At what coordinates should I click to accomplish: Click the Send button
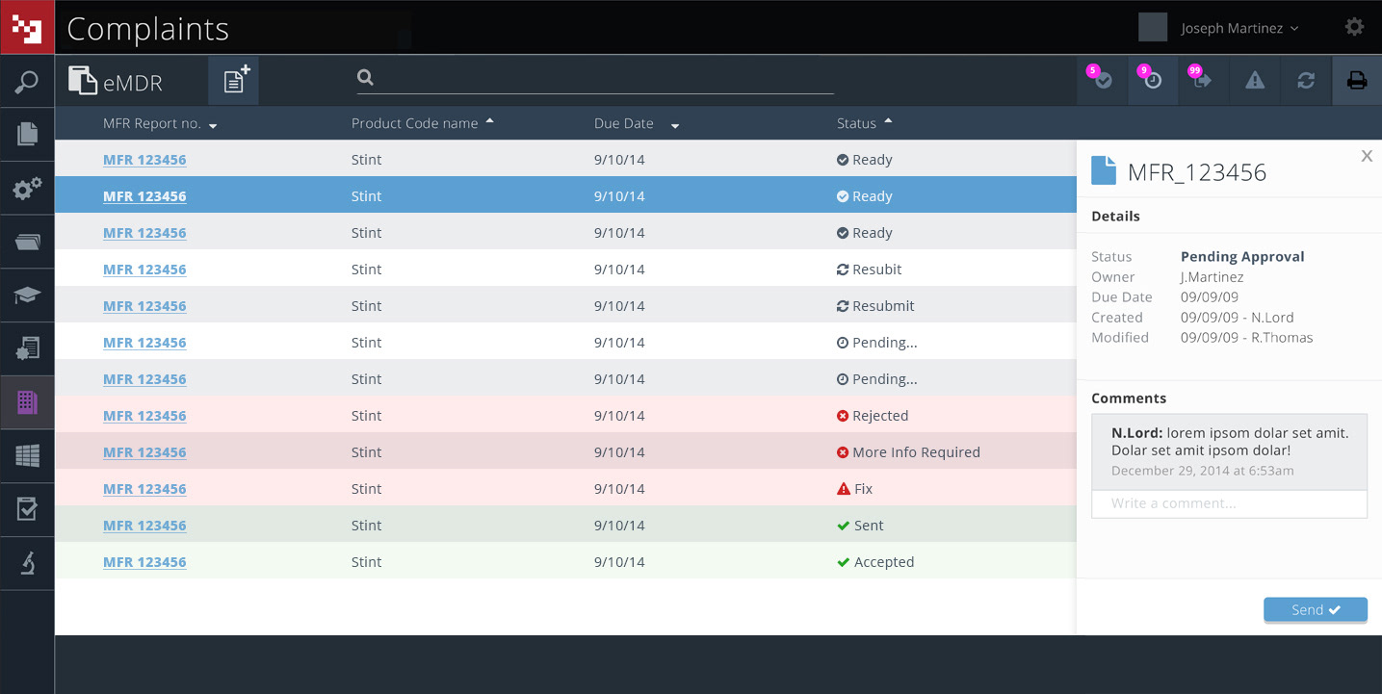click(1315, 609)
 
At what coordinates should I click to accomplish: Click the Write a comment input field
click(1228, 503)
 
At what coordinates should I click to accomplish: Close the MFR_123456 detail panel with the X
click(1367, 156)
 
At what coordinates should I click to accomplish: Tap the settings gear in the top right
click(1354, 28)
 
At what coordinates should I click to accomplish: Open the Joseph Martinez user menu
click(1239, 29)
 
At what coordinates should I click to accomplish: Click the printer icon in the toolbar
click(1356, 81)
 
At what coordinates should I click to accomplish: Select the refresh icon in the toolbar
click(1306, 81)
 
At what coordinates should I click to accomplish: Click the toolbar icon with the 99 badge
click(1202, 80)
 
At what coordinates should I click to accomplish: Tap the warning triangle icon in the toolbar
click(1255, 81)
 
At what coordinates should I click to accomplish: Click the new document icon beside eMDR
click(235, 80)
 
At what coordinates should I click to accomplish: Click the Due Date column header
click(625, 123)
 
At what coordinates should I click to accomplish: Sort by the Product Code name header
click(415, 123)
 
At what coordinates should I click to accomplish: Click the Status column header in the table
click(857, 123)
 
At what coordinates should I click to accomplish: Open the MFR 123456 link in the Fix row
click(144, 489)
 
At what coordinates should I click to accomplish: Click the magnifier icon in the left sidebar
click(27, 82)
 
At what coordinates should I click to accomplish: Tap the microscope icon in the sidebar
click(27, 563)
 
